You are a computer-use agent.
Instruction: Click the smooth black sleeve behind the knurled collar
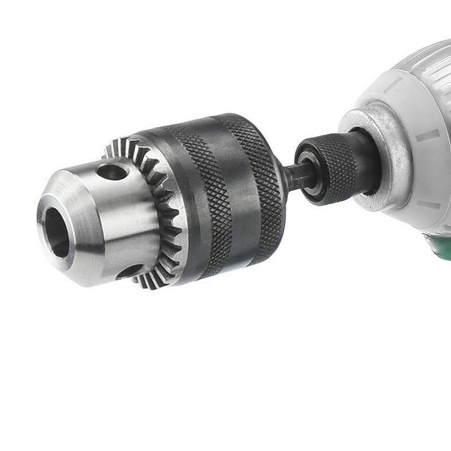[x=361, y=158]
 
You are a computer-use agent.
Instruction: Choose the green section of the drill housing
[x=441, y=245]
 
